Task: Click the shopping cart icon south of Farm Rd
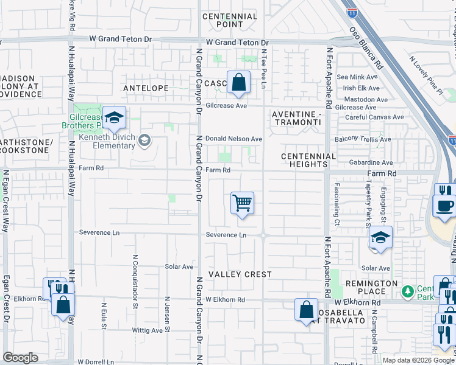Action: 242,203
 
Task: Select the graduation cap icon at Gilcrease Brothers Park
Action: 113,119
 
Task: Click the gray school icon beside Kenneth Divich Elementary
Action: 144,141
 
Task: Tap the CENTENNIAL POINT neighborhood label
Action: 230,20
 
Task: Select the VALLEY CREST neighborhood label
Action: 240,274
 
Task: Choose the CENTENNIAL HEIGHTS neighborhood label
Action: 308,161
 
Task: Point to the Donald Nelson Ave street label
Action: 233,139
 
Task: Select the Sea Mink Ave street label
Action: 358,77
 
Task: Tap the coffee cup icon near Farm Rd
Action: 444,204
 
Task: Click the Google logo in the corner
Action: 21,358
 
